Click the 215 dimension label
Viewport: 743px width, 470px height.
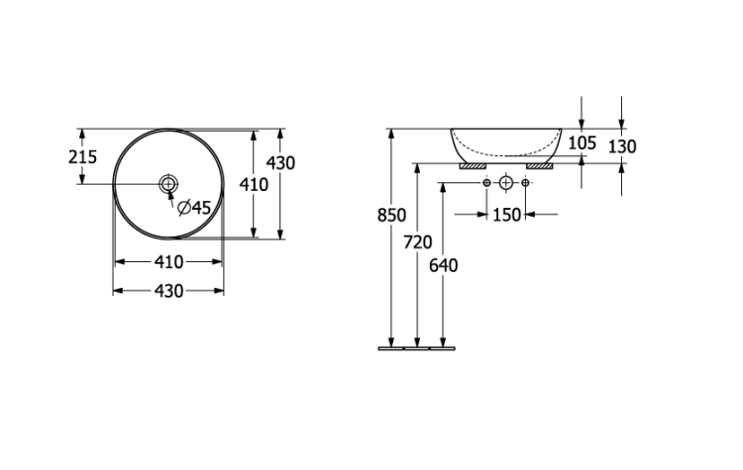[82, 156]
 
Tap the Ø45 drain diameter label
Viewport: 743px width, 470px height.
[194, 208]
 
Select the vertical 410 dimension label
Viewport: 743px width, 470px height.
[254, 184]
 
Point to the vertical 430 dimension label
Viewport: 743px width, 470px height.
[280, 163]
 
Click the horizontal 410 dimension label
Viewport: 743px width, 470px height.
[168, 262]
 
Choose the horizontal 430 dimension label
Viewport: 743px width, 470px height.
[168, 291]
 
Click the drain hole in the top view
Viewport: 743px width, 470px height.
[168, 184]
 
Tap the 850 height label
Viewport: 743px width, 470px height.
[391, 216]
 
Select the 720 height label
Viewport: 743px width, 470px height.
[417, 242]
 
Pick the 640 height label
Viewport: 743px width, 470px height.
[444, 265]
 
